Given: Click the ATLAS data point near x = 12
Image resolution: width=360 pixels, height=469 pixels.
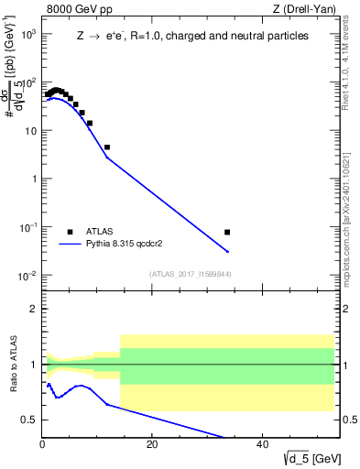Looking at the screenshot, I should point(107,147).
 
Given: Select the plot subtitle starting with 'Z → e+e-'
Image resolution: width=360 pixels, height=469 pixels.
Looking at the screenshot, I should point(191,37).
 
